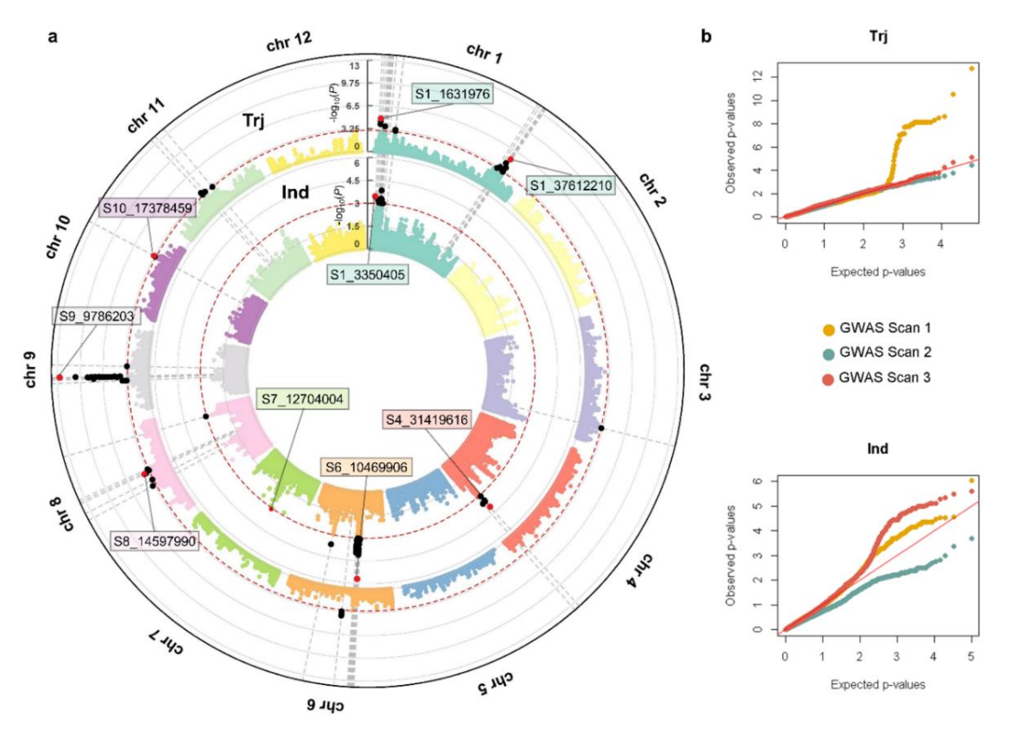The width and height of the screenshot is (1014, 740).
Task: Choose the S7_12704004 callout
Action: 302,399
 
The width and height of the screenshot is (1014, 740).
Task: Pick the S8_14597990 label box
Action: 154,541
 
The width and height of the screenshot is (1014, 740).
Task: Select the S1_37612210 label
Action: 570,185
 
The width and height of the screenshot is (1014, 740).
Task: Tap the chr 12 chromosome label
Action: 289,42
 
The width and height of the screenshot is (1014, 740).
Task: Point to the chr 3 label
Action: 705,382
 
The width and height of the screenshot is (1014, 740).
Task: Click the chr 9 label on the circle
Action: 31,370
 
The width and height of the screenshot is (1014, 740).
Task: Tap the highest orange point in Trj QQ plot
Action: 971,68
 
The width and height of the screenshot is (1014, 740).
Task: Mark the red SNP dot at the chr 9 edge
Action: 59,377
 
